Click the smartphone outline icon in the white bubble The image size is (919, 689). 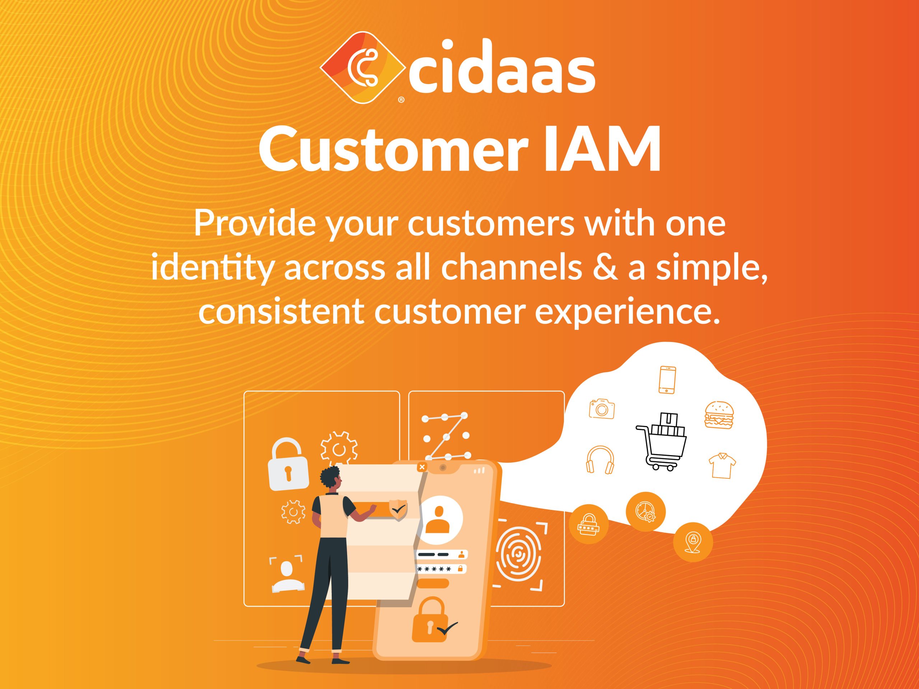[x=667, y=379]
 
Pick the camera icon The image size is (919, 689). [x=602, y=409]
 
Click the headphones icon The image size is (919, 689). [x=600, y=460]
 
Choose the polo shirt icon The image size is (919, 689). [x=722, y=465]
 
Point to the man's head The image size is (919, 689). [x=332, y=479]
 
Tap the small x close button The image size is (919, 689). [x=422, y=467]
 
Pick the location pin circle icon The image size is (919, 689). [x=693, y=542]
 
